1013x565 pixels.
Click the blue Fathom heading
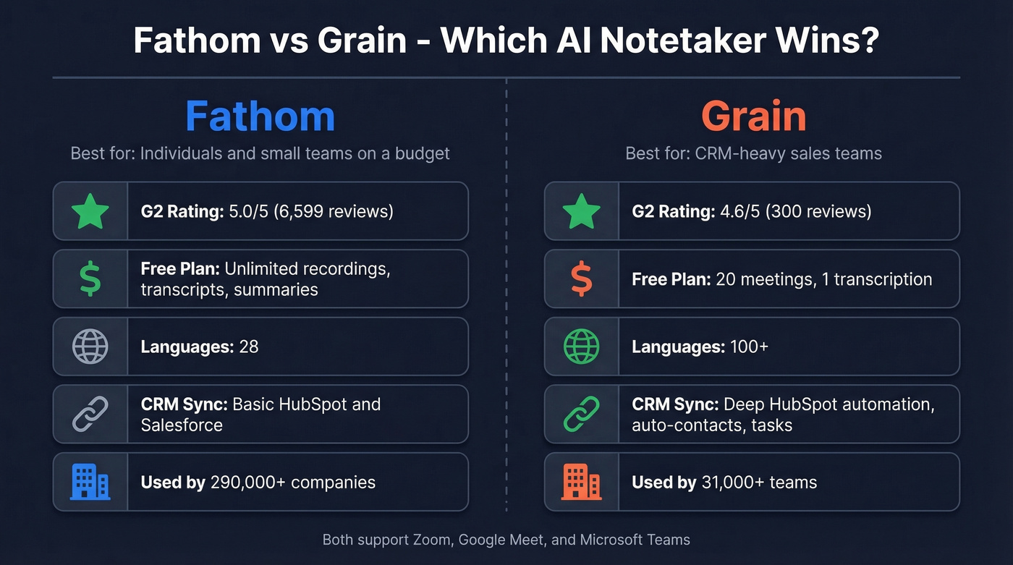tap(260, 116)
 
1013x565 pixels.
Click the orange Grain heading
tap(753, 116)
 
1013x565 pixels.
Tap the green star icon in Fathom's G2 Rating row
tap(90, 211)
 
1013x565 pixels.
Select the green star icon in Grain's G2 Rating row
tap(582, 211)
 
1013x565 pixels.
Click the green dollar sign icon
tap(90, 279)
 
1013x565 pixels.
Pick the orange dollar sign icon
tap(582, 279)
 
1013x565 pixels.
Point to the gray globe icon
tap(90, 347)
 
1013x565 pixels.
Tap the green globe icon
tap(582, 347)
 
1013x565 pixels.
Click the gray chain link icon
tap(90, 415)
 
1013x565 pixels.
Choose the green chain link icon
tap(582, 415)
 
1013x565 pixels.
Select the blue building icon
tap(90, 482)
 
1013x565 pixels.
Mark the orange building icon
tap(582, 482)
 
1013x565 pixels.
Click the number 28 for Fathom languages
tap(248, 347)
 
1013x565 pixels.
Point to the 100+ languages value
tap(749, 347)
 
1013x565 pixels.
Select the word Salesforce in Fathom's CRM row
tap(182, 425)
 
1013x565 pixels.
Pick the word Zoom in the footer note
tap(431, 540)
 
